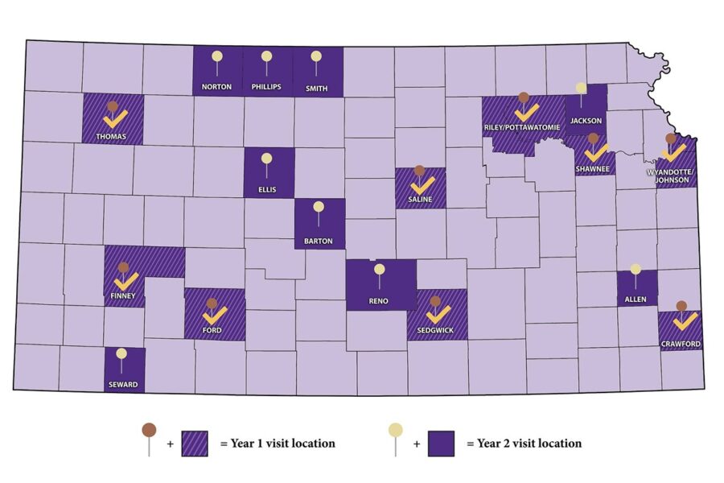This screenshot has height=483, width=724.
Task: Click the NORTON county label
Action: coord(217,87)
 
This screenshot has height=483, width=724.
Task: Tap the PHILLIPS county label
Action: coord(266,87)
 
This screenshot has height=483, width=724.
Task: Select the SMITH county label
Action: coord(316,88)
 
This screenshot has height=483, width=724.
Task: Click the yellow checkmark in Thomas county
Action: coord(114,122)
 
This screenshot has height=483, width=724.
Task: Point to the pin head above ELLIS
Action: coord(267,159)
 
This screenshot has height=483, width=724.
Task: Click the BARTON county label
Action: coord(319,241)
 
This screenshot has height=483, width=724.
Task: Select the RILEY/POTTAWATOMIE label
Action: coord(524,126)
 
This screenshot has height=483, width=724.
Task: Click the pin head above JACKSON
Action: coord(581,88)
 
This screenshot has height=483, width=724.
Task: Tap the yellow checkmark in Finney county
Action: coord(125,282)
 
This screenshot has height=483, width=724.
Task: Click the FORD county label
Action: coord(212,330)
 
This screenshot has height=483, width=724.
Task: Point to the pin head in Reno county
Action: coord(380,269)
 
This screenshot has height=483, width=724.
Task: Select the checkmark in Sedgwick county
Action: coord(437,316)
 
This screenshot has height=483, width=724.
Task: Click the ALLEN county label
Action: coord(636,299)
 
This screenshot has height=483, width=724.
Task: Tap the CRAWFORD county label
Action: coord(681,344)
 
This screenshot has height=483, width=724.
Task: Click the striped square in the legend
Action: coord(195,443)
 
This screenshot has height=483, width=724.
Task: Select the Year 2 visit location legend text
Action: coord(529,443)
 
